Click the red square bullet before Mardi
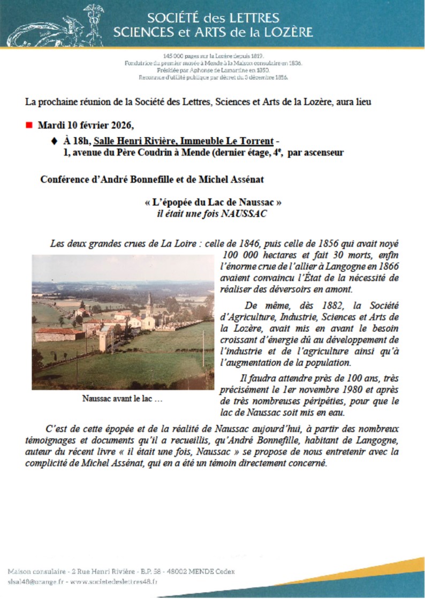29,126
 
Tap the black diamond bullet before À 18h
53,141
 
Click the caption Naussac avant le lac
123,398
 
